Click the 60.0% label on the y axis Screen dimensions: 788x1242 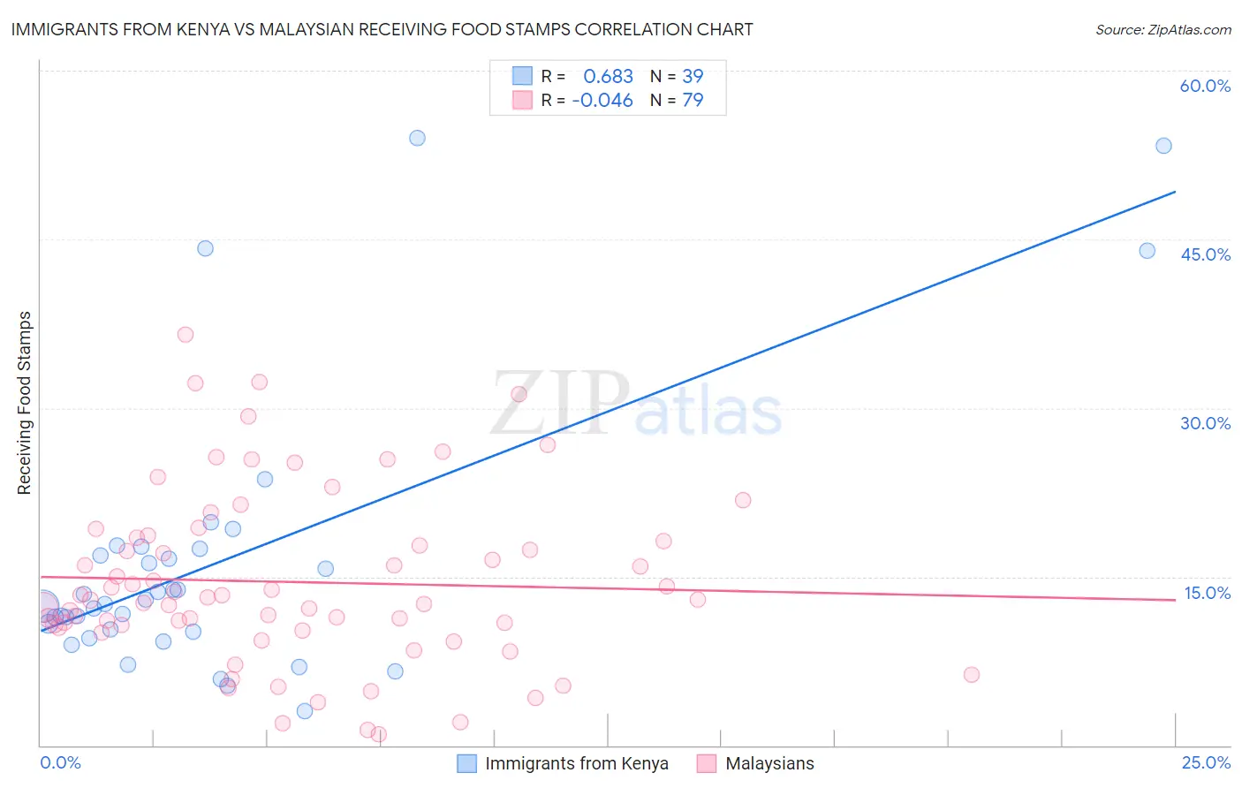point(1205,86)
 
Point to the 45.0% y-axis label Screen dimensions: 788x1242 point(1205,254)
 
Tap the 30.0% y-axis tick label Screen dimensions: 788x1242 point(1205,423)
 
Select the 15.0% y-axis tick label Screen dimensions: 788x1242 point(1207,593)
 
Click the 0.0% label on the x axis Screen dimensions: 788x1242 point(60,762)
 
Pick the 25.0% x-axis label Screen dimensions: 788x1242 point(1206,762)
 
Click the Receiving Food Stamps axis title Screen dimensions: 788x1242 point(25,403)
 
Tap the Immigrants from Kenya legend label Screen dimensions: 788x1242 point(576,763)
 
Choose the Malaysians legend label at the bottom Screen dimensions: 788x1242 point(769,763)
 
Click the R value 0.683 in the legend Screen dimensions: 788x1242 point(608,76)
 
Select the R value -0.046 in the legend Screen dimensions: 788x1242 point(602,100)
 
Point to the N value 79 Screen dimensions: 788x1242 point(693,100)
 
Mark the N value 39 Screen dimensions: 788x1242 point(693,76)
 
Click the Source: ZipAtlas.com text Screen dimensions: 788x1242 point(1162,30)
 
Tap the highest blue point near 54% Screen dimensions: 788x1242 point(417,138)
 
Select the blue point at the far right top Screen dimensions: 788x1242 point(1163,146)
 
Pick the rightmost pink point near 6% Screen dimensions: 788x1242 point(972,675)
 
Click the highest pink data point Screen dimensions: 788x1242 point(186,335)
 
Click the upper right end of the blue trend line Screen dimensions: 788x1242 point(1175,192)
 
